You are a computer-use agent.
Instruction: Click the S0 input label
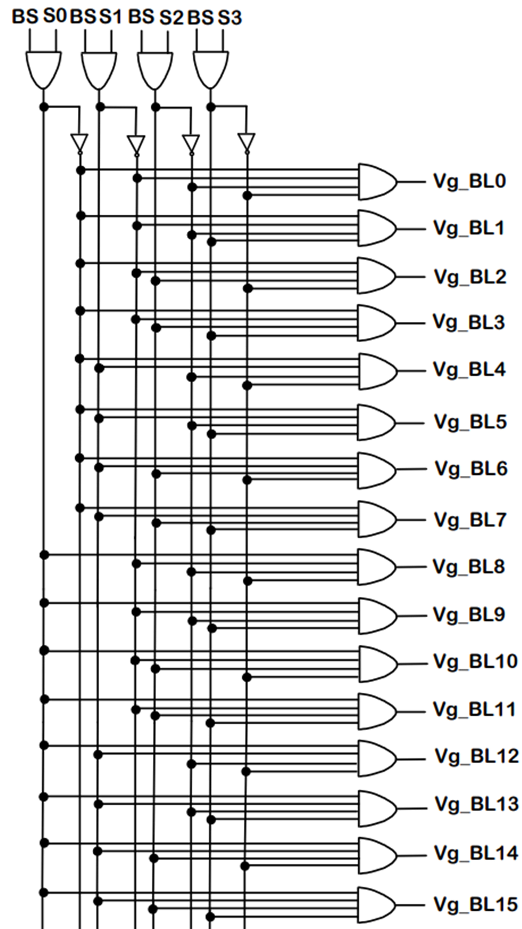click(x=55, y=16)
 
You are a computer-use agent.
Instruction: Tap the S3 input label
click(x=229, y=17)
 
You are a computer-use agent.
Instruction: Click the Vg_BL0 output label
click(x=469, y=181)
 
